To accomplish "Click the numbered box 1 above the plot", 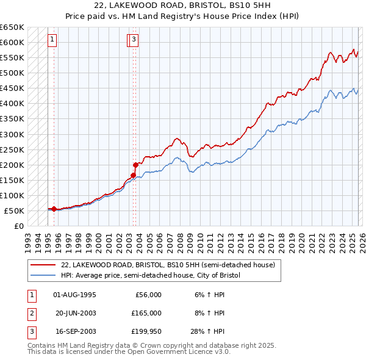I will (x=53, y=40).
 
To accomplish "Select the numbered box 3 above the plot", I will (x=134, y=40).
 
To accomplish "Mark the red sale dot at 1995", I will (x=54, y=209).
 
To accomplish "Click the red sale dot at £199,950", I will (x=135, y=165).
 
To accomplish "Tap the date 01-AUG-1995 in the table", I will (x=75, y=295).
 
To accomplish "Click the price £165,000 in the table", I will (x=146, y=313).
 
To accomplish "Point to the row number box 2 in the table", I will (x=30, y=313).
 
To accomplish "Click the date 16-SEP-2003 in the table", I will (x=75, y=331).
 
